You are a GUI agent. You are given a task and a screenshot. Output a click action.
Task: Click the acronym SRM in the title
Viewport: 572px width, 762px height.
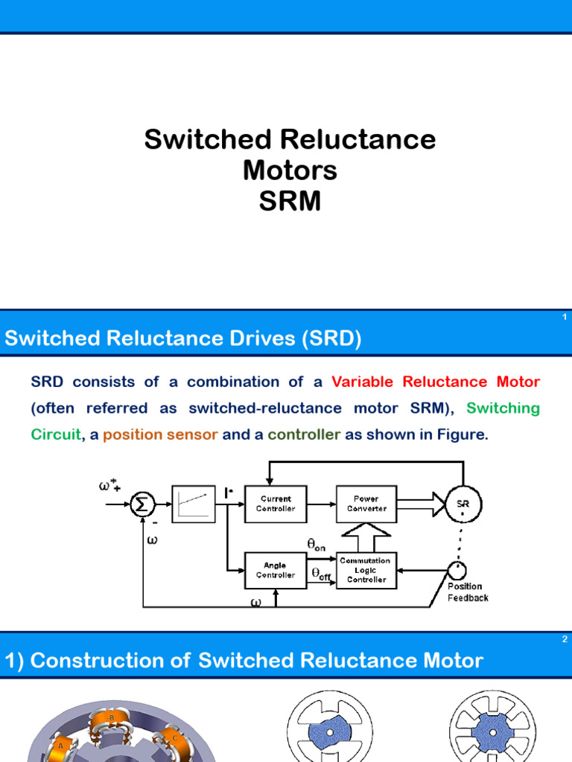click(290, 201)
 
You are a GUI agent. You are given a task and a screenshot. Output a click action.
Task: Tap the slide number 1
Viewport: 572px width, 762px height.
click(565, 318)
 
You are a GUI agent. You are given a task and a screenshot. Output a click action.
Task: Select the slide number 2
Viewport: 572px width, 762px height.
click(565, 639)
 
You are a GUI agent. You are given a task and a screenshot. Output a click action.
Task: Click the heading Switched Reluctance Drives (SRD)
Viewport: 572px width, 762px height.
click(183, 339)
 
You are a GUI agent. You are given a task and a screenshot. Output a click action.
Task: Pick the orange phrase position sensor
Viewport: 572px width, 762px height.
click(160, 435)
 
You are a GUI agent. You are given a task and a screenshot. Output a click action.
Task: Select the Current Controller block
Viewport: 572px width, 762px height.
click(276, 504)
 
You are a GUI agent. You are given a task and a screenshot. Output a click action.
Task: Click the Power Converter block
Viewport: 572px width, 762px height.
click(366, 504)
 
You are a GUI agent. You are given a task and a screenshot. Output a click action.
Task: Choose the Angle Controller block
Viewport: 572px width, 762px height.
click(276, 570)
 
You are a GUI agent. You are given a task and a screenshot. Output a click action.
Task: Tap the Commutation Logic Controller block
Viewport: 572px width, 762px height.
click(366, 570)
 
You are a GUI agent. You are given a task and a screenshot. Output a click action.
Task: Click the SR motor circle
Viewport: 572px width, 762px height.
click(463, 504)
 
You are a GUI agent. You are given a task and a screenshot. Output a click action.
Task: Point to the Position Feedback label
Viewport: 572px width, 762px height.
click(468, 592)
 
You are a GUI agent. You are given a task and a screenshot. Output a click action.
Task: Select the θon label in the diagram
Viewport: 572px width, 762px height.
click(317, 545)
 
